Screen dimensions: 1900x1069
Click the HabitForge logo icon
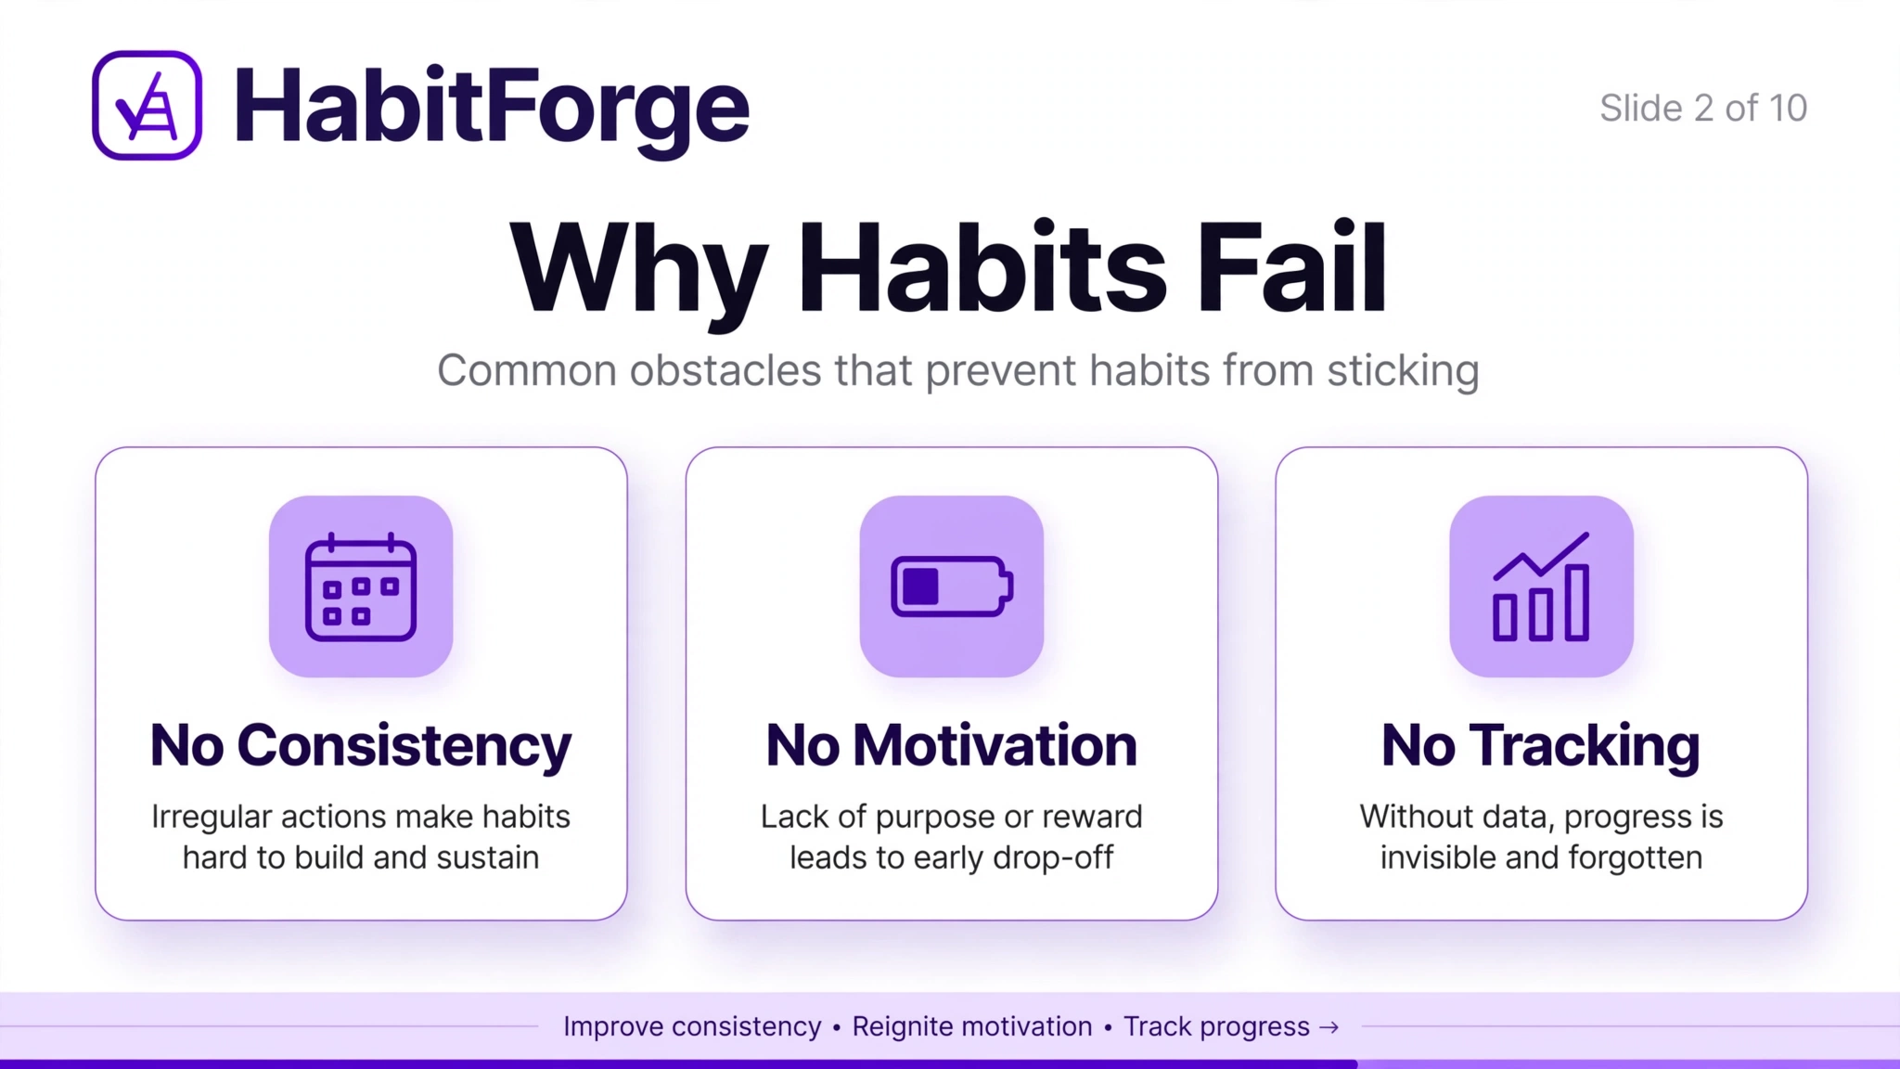point(147,105)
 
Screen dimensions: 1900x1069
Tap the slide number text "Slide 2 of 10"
point(1703,109)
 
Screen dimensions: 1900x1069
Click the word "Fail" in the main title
point(1291,267)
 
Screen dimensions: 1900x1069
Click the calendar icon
point(361,586)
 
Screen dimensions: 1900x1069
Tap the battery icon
point(952,586)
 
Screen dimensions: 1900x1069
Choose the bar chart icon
point(1541,586)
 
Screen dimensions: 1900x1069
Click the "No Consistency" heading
point(361,746)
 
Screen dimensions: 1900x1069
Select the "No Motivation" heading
point(952,745)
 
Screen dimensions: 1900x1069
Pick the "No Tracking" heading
point(1541,746)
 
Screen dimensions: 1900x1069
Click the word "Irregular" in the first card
point(212,818)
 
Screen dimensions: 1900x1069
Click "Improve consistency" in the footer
point(692,1027)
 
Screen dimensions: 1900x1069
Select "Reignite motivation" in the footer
point(972,1027)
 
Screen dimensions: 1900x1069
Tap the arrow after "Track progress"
point(1329,1027)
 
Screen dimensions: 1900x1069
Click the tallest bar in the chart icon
point(1577,603)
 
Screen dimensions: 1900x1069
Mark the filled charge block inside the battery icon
point(920,586)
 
